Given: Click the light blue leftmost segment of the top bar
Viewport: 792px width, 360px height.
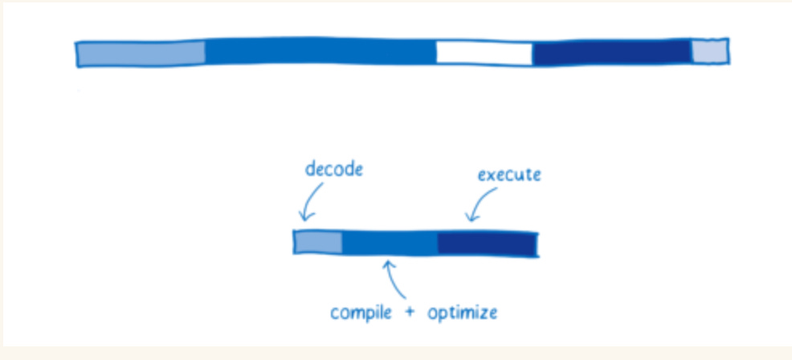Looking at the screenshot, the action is coord(141,53).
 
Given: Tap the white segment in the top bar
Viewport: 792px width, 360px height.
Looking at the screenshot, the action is coord(484,53).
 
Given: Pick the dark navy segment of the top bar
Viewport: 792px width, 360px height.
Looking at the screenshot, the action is coord(612,52).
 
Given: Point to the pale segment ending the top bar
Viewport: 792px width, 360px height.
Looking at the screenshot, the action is coord(710,51).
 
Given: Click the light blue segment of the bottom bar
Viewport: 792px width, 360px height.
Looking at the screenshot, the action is coord(318,242).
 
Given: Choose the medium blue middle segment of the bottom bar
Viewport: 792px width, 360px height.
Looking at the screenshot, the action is coord(390,243).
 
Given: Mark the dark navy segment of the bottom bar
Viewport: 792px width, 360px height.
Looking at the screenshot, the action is coord(487,243).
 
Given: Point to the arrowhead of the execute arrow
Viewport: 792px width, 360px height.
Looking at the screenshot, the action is coord(470,218).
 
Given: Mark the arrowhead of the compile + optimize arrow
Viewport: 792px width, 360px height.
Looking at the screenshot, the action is coord(389,264).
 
